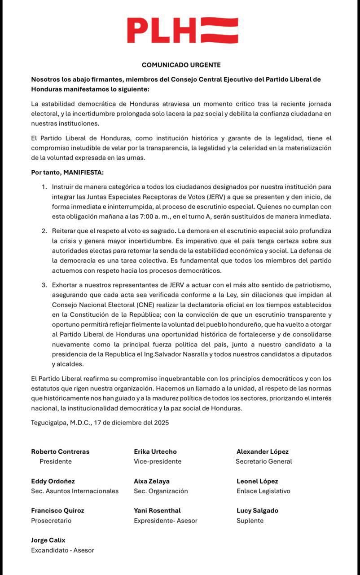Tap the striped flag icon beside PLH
[x=219, y=31]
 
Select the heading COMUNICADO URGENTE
[x=181, y=65]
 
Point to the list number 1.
[x=44, y=186]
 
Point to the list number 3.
[x=44, y=285]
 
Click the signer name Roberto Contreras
[x=60, y=451]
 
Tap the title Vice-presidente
[x=158, y=461]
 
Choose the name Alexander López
[x=263, y=451]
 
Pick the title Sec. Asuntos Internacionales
[x=75, y=491]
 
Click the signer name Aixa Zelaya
[x=152, y=481]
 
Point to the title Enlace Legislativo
[x=263, y=491]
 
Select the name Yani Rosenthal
[x=157, y=511]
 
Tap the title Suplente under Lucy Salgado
[x=250, y=521]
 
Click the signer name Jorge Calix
[x=48, y=540]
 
